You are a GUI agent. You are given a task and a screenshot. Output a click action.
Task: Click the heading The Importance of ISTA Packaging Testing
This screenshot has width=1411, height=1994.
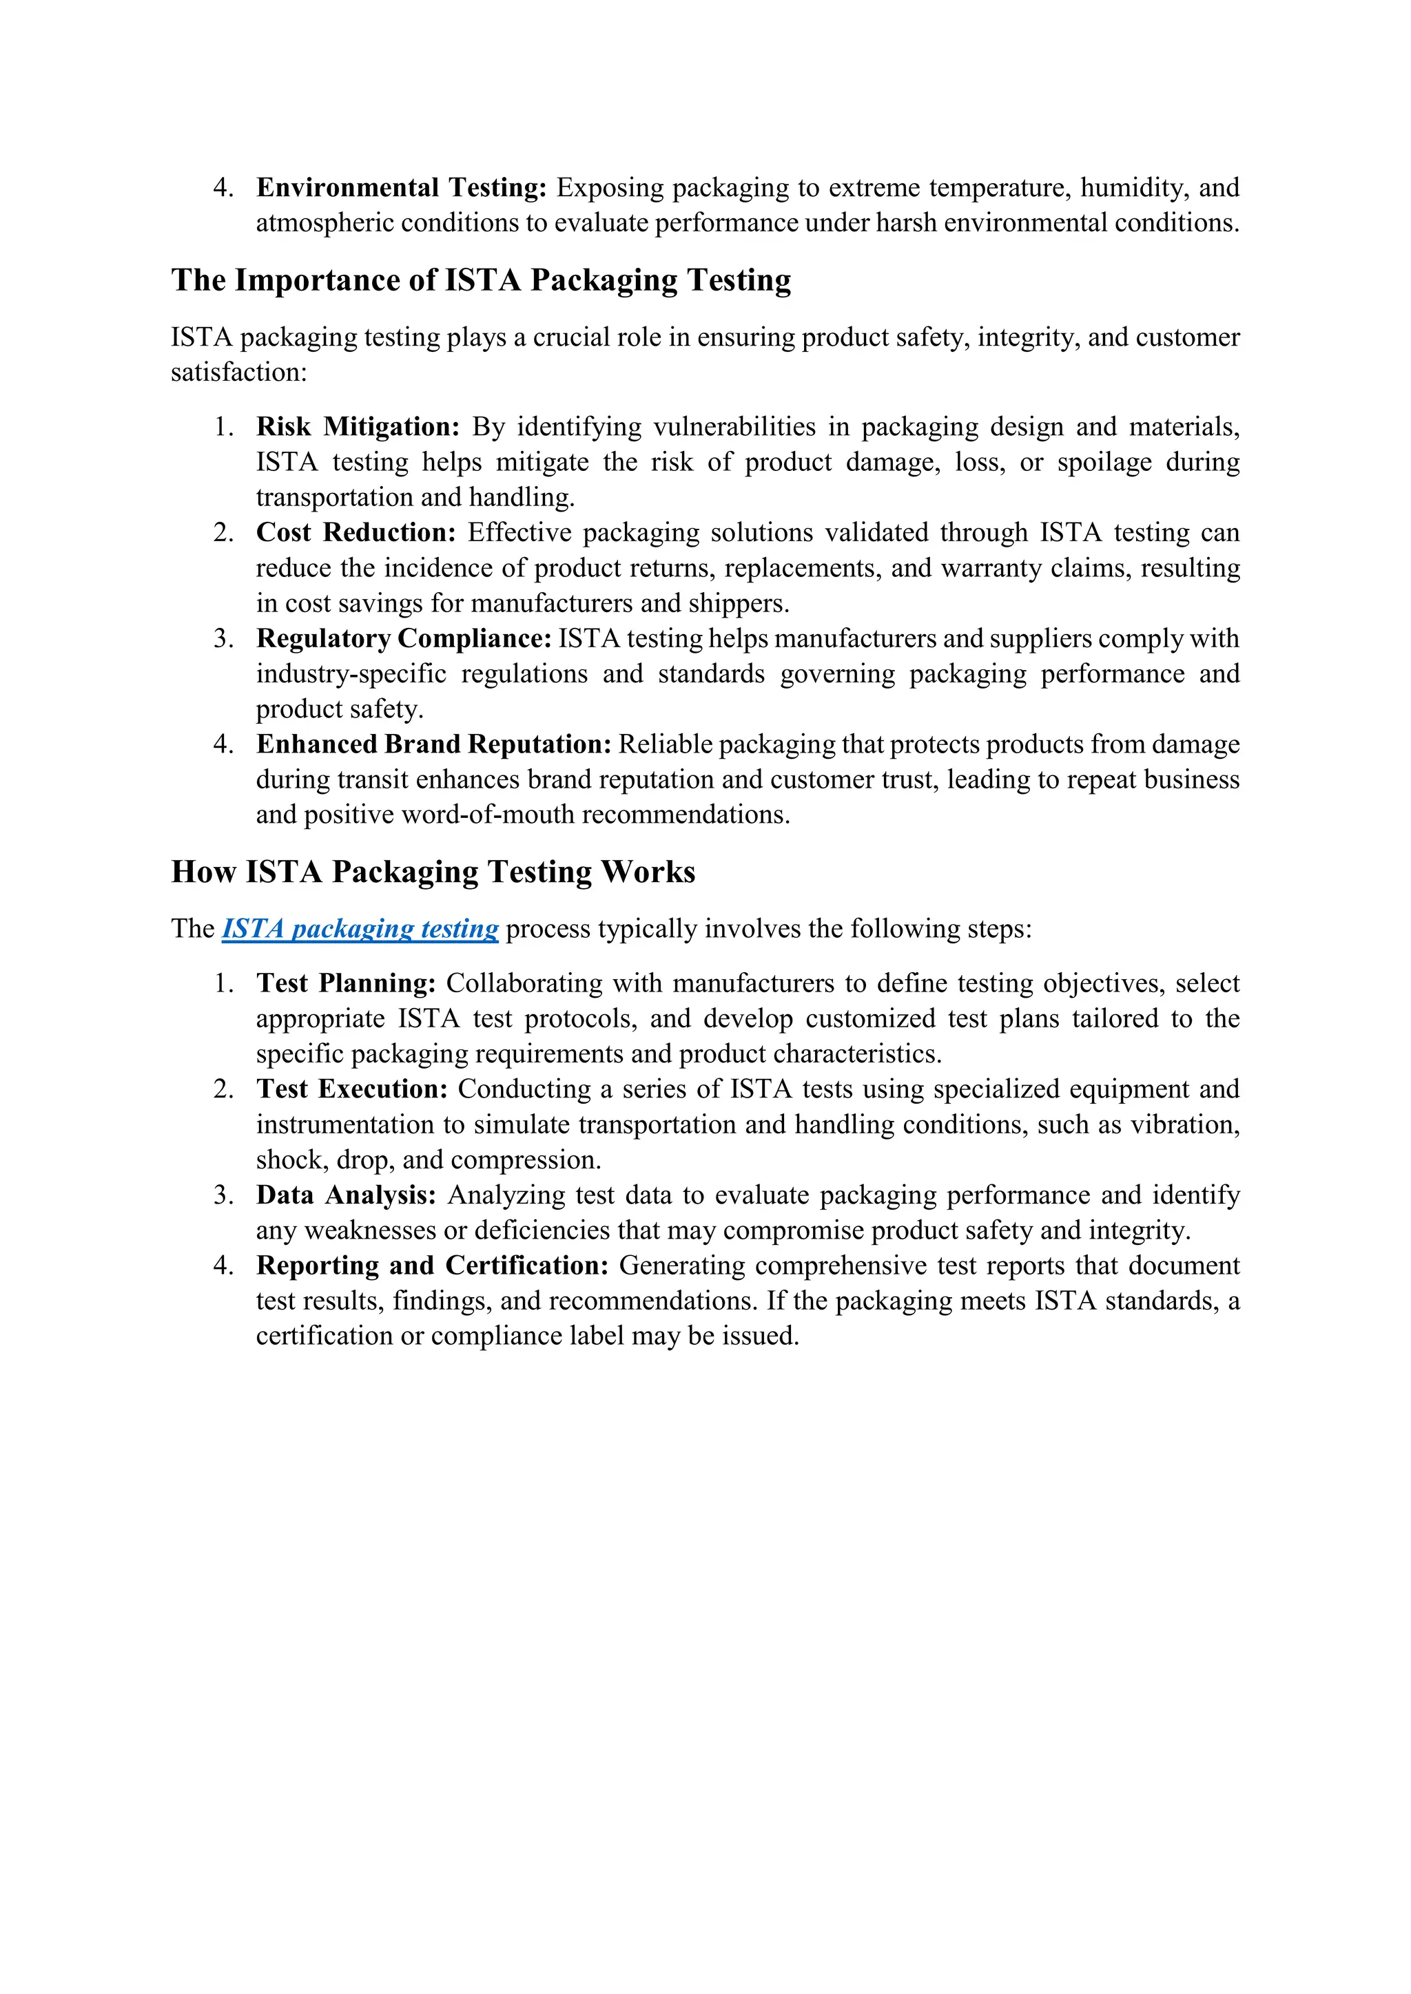click(x=480, y=280)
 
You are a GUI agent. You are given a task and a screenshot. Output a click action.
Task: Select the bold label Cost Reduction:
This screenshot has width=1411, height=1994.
click(x=356, y=532)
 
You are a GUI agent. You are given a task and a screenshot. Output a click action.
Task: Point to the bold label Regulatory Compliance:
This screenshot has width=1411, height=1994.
click(x=403, y=638)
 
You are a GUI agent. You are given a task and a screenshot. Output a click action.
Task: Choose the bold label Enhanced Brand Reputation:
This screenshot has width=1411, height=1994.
click(x=433, y=744)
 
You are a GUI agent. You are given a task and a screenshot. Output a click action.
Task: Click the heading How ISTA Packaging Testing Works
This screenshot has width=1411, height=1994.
click(x=433, y=872)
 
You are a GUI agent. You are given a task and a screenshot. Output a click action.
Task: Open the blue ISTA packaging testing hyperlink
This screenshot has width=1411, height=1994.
click(x=360, y=930)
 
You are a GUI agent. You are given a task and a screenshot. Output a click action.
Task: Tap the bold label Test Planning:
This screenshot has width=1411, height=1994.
click(x=345, y=983)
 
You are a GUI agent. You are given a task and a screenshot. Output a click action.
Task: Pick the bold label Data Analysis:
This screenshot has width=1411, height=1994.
click(x=345, y=1195)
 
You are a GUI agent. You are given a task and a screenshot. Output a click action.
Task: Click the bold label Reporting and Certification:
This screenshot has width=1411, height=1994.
click(x=432, y=1266)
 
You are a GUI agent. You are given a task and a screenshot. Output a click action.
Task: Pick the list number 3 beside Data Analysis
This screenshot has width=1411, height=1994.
click(x=223, y=1195)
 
